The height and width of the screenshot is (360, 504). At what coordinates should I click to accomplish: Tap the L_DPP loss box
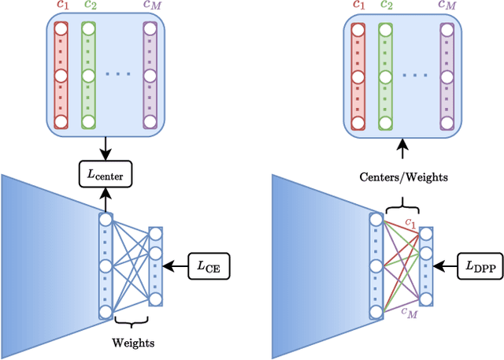click(x=482, y=269)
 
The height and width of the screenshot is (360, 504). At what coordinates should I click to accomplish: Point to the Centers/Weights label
click(x=405, y=177)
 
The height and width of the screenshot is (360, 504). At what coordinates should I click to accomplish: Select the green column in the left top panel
click(x=88, y=76)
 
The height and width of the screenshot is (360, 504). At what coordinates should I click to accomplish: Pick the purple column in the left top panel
click(x=150, y=76)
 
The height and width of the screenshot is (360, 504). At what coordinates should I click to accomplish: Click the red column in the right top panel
click(x=358, y=76)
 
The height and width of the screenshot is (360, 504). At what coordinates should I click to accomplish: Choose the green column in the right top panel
click(x=386, y=76)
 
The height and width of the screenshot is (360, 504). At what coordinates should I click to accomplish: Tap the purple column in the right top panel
click(x=448, y=76)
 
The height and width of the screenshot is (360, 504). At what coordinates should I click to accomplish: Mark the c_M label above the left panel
click(x=150, y=7)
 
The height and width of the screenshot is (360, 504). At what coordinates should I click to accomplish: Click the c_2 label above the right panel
click(x=386, y=7)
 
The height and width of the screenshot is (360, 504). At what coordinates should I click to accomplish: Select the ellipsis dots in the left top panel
click(x=118, y=76)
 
